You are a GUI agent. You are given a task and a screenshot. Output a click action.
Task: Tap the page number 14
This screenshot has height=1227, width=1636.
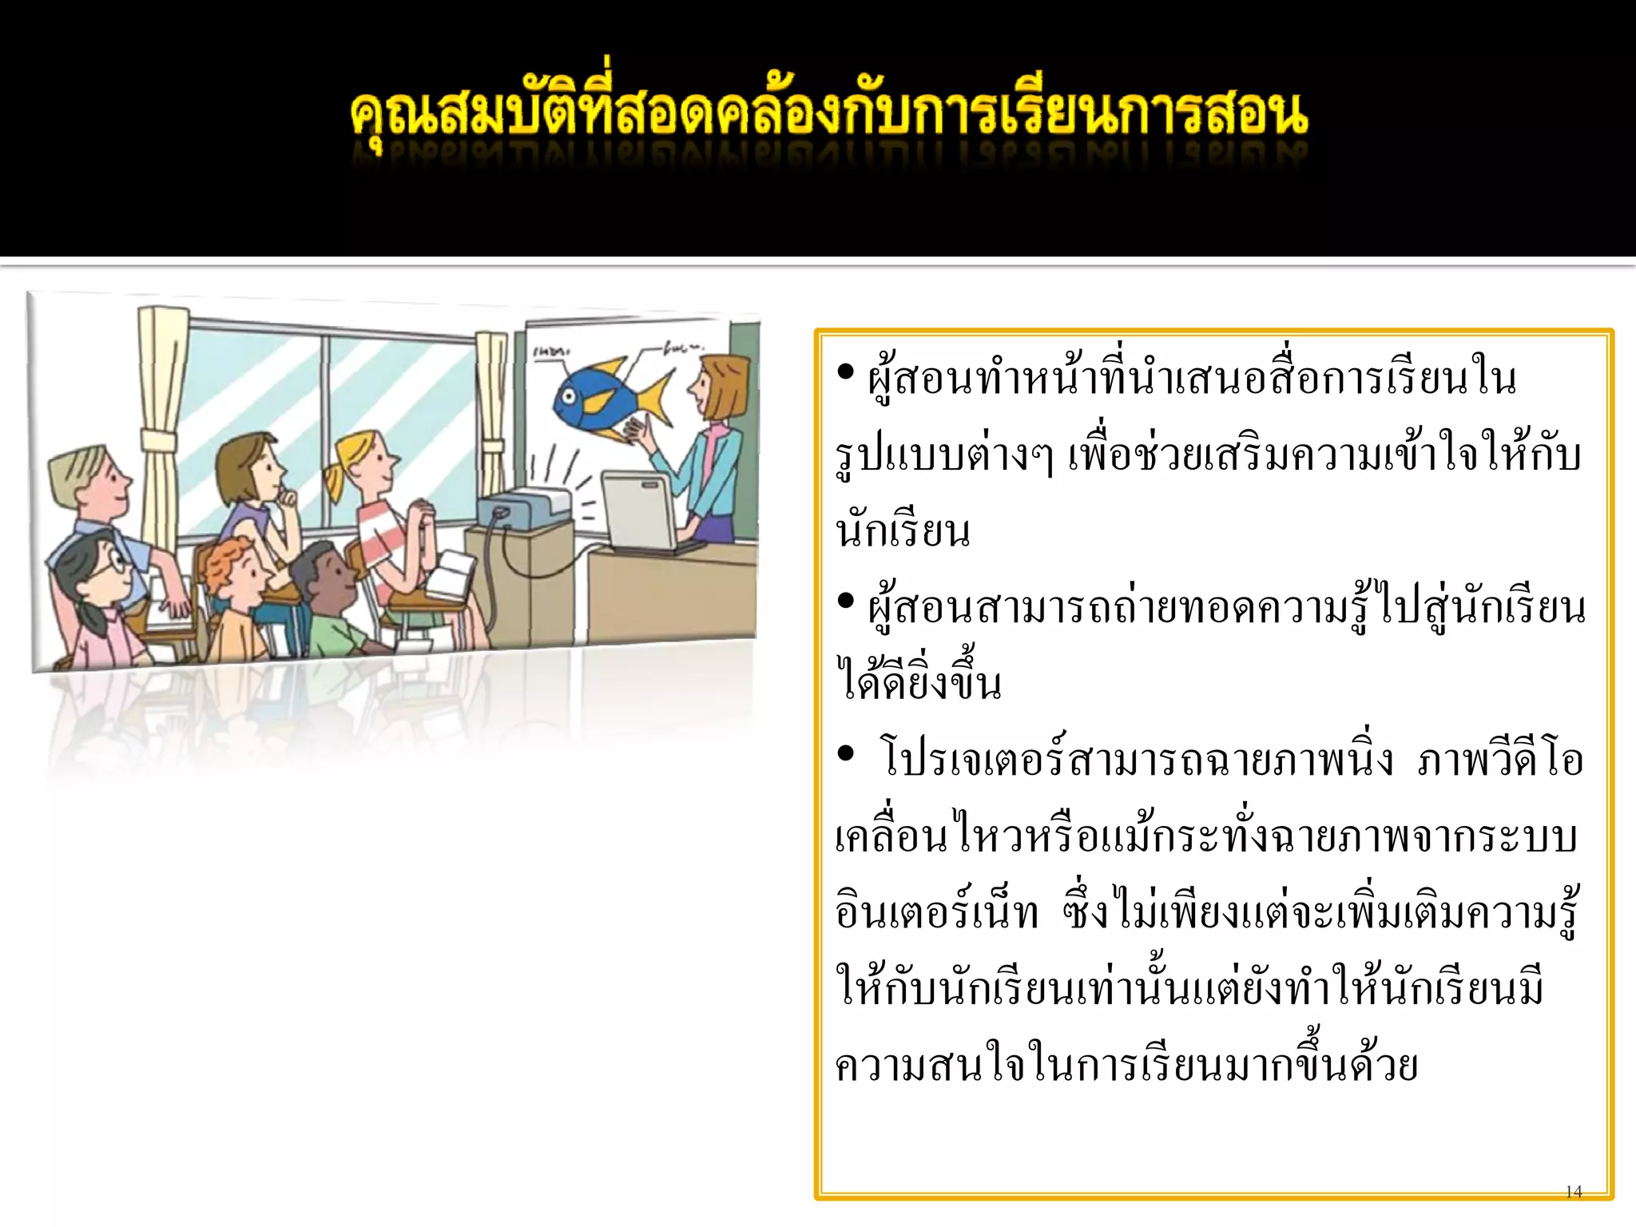coord(1573,1192)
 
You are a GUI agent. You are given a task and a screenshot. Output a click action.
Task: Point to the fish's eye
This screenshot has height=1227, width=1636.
coord(569,395)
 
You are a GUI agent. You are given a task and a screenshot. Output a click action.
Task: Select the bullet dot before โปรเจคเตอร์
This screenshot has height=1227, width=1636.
coord(846,754)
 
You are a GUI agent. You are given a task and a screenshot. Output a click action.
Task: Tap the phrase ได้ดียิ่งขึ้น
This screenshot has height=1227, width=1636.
coord(919,683)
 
